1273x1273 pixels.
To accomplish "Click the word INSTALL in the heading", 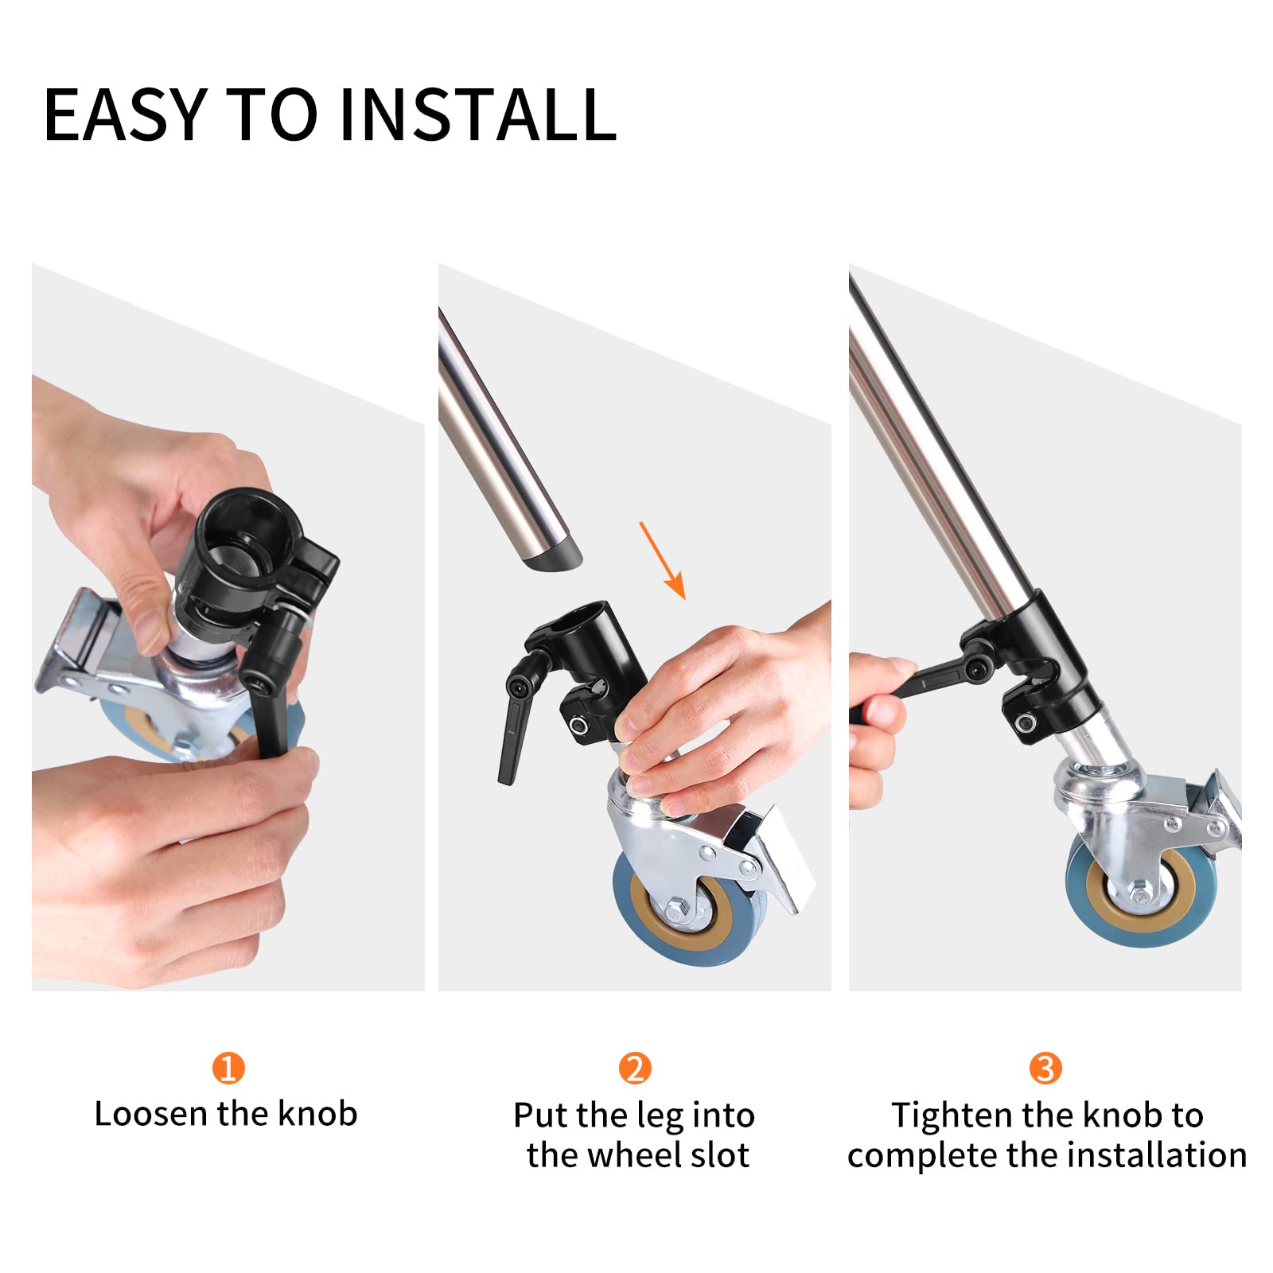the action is pos(477,115).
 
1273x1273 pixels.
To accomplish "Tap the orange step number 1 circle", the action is pos(228,1069).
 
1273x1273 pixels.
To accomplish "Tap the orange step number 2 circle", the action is pos(635,1069).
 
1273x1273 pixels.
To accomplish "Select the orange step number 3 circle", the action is pos(1045,1069).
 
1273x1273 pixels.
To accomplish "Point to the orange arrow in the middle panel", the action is pos(662,559).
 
